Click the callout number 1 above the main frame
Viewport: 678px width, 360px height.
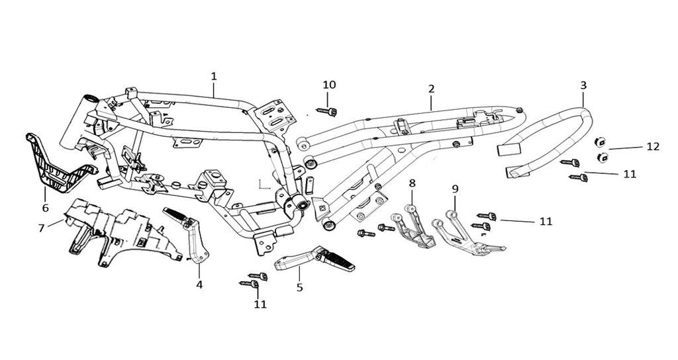(x=213, y=76)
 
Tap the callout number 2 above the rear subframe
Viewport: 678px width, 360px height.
(x=431, y=88)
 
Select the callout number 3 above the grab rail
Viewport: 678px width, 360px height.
(x=583, y=85)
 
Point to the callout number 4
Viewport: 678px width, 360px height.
(x=199, y=285)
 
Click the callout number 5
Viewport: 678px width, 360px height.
(x=299, y=288)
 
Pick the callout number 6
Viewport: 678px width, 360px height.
(x=45, y=208)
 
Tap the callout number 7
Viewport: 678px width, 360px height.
(x=41, y=228)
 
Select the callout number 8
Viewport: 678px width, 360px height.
(x=412, y=182)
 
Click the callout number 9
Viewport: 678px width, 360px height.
(x=455, y=189)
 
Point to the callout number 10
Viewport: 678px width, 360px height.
(x=329, y=85)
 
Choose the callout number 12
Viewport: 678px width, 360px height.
(x=653, y=147)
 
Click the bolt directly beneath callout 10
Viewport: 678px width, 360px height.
(x=328, y=111)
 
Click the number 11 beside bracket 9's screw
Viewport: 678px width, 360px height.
(x=546, y=222)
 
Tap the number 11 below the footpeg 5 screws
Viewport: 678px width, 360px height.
(x=260, y=304)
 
